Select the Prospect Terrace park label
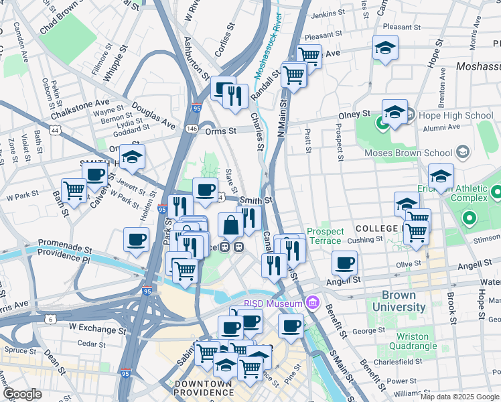(x=326, y=236)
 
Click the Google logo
(x=21, y=394)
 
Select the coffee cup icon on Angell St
(x=344, y=263)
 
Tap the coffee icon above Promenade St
(x=136, y=239)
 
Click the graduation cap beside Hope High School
(x=395, y=112)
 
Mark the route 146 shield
(x=192, y=127)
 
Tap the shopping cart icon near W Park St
(x=74, y=190)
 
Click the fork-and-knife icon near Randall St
(x=235, y=95)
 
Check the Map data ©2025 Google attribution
(x=459, y=396)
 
